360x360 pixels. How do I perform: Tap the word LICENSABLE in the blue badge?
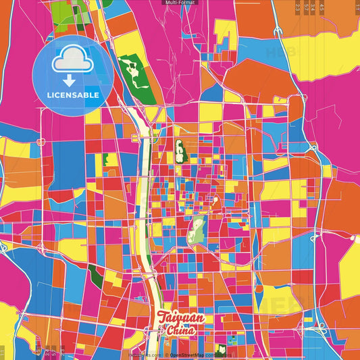click(x=73, y=95)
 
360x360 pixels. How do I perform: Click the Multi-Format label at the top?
click(x=180, y=3)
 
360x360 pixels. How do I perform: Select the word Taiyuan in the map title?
click(x=180, y=317)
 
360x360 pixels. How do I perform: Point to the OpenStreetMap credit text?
click(x=189, y=355)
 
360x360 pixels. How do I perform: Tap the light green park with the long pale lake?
click(x=197, y=231)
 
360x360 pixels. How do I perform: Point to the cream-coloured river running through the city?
click(x=143, y=203)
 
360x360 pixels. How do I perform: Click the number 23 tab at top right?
click(x=298, y=7)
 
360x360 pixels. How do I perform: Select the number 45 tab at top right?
click(x=322, y=7)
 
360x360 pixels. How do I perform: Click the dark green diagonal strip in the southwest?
click(x=97, y=276)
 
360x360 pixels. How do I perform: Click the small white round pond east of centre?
click(x=214, y=200)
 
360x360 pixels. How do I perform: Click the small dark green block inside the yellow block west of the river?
click(x=105, y=161)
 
